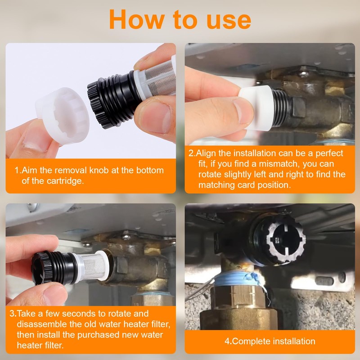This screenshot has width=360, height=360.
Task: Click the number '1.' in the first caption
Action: coord(18,171)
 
